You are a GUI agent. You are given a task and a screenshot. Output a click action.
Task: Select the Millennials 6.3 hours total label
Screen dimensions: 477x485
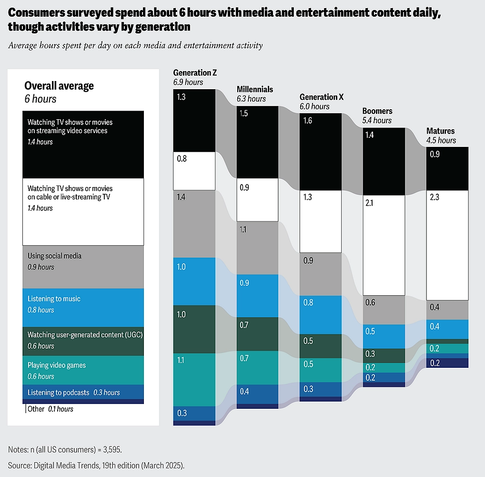[251, 99]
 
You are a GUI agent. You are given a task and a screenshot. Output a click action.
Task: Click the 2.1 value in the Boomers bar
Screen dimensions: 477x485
[370, 203]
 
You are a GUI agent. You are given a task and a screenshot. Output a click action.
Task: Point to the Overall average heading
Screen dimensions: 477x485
[59, 86]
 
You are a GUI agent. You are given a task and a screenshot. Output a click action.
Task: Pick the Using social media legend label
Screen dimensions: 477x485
[54, 256]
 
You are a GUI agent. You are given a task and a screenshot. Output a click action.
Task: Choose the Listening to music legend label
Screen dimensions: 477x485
[54, 299]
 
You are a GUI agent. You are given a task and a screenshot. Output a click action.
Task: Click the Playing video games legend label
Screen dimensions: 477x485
[56, 365]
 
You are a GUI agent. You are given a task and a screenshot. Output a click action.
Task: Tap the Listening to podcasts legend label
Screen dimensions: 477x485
[58, 393]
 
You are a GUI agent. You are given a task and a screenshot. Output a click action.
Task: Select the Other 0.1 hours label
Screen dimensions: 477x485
[51, 409]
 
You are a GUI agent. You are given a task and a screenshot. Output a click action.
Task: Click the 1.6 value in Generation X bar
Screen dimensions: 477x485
[307, 121]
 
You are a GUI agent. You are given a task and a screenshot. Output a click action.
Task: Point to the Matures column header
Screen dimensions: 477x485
[440, 131]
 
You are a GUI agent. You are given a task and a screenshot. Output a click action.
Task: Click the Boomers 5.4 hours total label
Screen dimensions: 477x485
[377, 121]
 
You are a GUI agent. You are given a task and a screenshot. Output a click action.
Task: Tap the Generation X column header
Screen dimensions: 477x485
[322, 97]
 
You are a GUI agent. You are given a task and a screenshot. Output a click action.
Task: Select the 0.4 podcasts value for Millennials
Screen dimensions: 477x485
[244, 391]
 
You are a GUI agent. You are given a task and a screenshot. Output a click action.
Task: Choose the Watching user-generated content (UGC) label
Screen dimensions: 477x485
[85, 335]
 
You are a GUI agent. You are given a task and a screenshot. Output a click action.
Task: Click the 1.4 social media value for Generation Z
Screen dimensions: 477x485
[182, 197]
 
